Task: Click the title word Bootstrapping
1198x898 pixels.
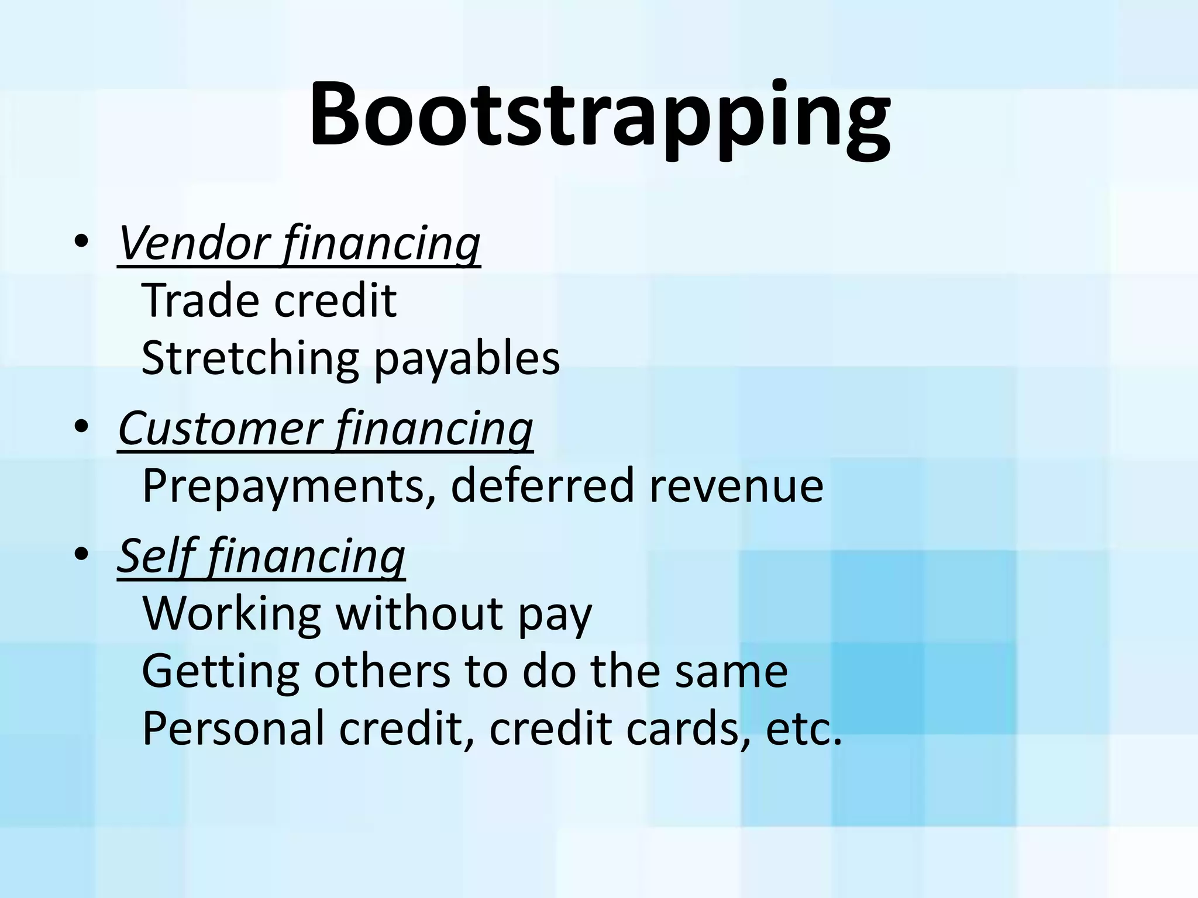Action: coord(600,114)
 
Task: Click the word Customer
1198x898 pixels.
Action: coord(220,428)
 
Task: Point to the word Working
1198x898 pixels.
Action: coord(232,614)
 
